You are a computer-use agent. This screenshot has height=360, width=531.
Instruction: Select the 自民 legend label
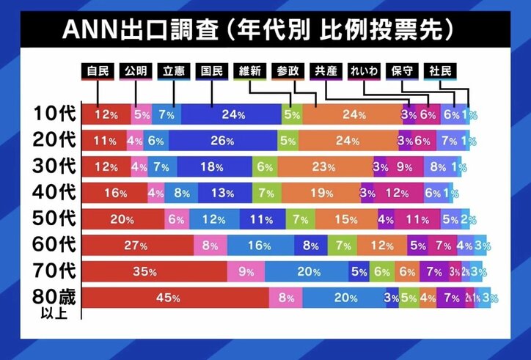tap(97, 71)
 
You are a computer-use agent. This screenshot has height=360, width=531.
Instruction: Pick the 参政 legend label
tap(288, 71)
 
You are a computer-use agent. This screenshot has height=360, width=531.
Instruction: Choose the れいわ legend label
tap(364, 71)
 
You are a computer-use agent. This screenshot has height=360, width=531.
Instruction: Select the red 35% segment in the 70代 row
tap(154, 271)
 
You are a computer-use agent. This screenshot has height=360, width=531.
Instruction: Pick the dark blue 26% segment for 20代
tap(222, 141)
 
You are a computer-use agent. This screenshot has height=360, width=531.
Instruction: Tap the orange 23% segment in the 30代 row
tap(326, 167)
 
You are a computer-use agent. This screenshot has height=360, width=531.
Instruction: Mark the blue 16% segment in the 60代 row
tap(261, 246)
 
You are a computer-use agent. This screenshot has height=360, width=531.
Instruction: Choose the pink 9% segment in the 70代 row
tap(246, 271)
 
